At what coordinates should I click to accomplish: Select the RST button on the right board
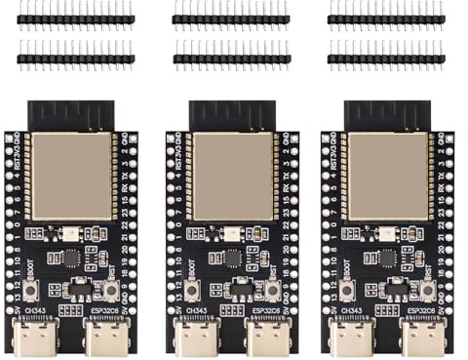coord(424,290)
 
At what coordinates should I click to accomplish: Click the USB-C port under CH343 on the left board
coord(43,337)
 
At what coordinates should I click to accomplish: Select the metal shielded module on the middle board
coord(230,176)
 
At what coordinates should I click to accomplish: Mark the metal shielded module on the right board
coord(386,176)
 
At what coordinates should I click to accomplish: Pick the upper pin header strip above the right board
coord(386,17)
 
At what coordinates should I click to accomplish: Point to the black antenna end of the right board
coord(386,114)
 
